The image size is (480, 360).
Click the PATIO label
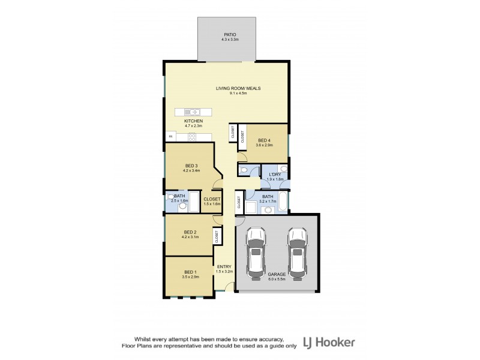click(x=227, y=35)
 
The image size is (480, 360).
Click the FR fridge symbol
click(x=169, y=137)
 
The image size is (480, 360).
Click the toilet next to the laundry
click(x=243, y=171)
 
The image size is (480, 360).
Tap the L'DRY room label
click(x=275, y=175)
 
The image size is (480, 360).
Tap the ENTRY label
click(x=224, y=266)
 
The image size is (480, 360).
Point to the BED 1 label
click(x=190, y=273)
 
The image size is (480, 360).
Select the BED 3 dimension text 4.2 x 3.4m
click(x=191, y=170)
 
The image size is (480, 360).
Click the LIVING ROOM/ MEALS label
click(x=238, y=88)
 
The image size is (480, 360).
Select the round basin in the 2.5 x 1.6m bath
click(x=182, y=205)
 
